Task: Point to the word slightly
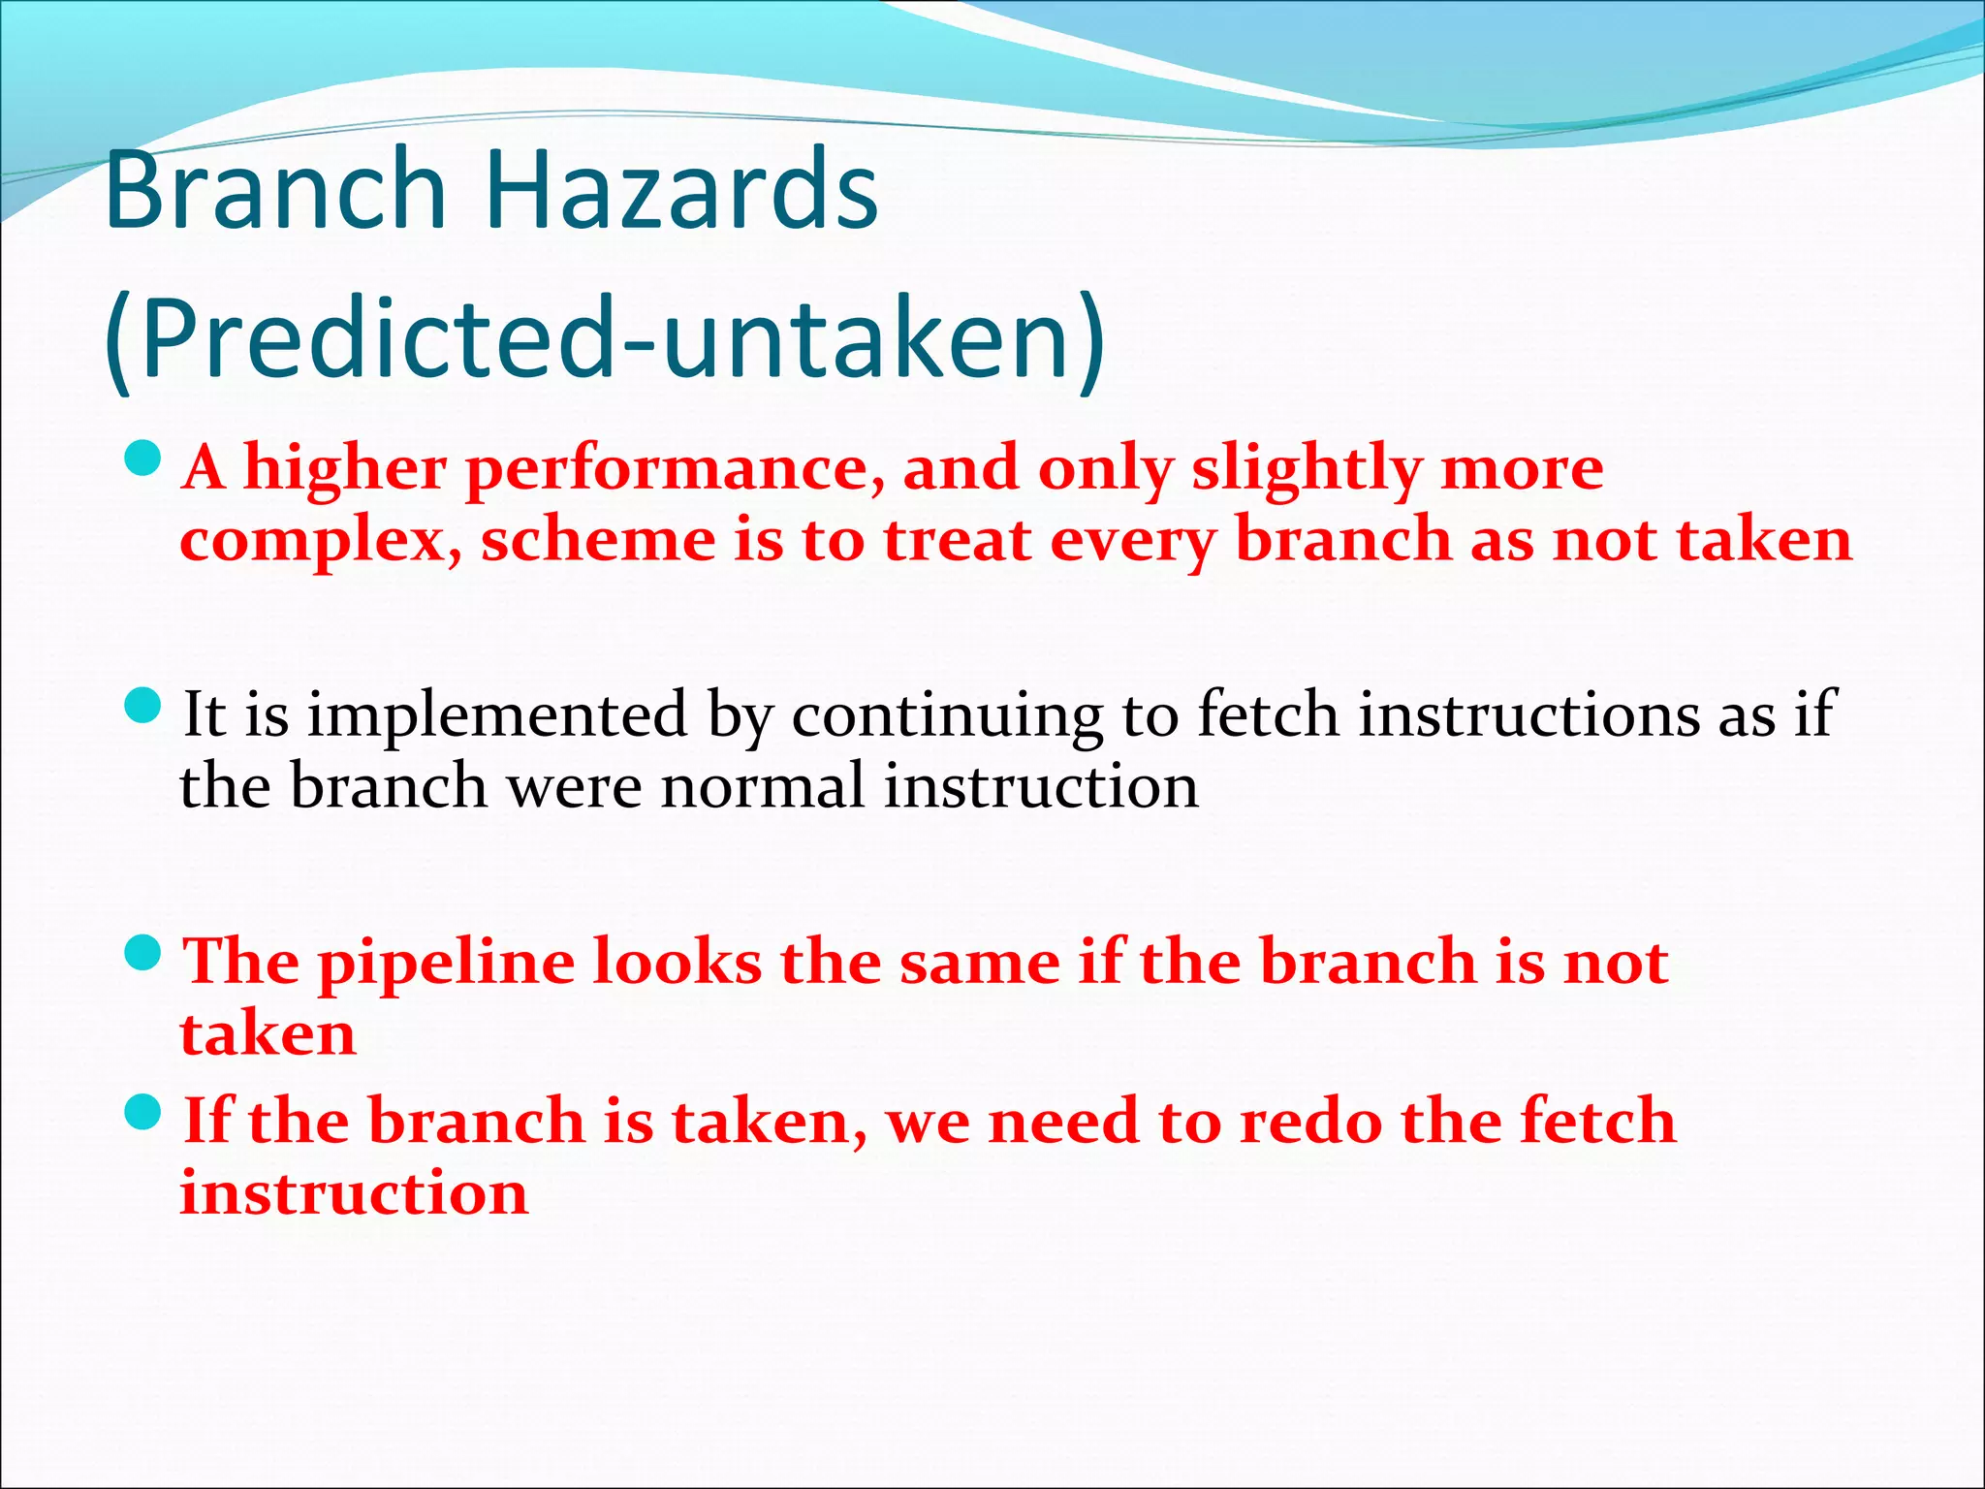pos(1306,471)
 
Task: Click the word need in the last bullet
pos(1062,1122)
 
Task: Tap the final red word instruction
pos(354,1193)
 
